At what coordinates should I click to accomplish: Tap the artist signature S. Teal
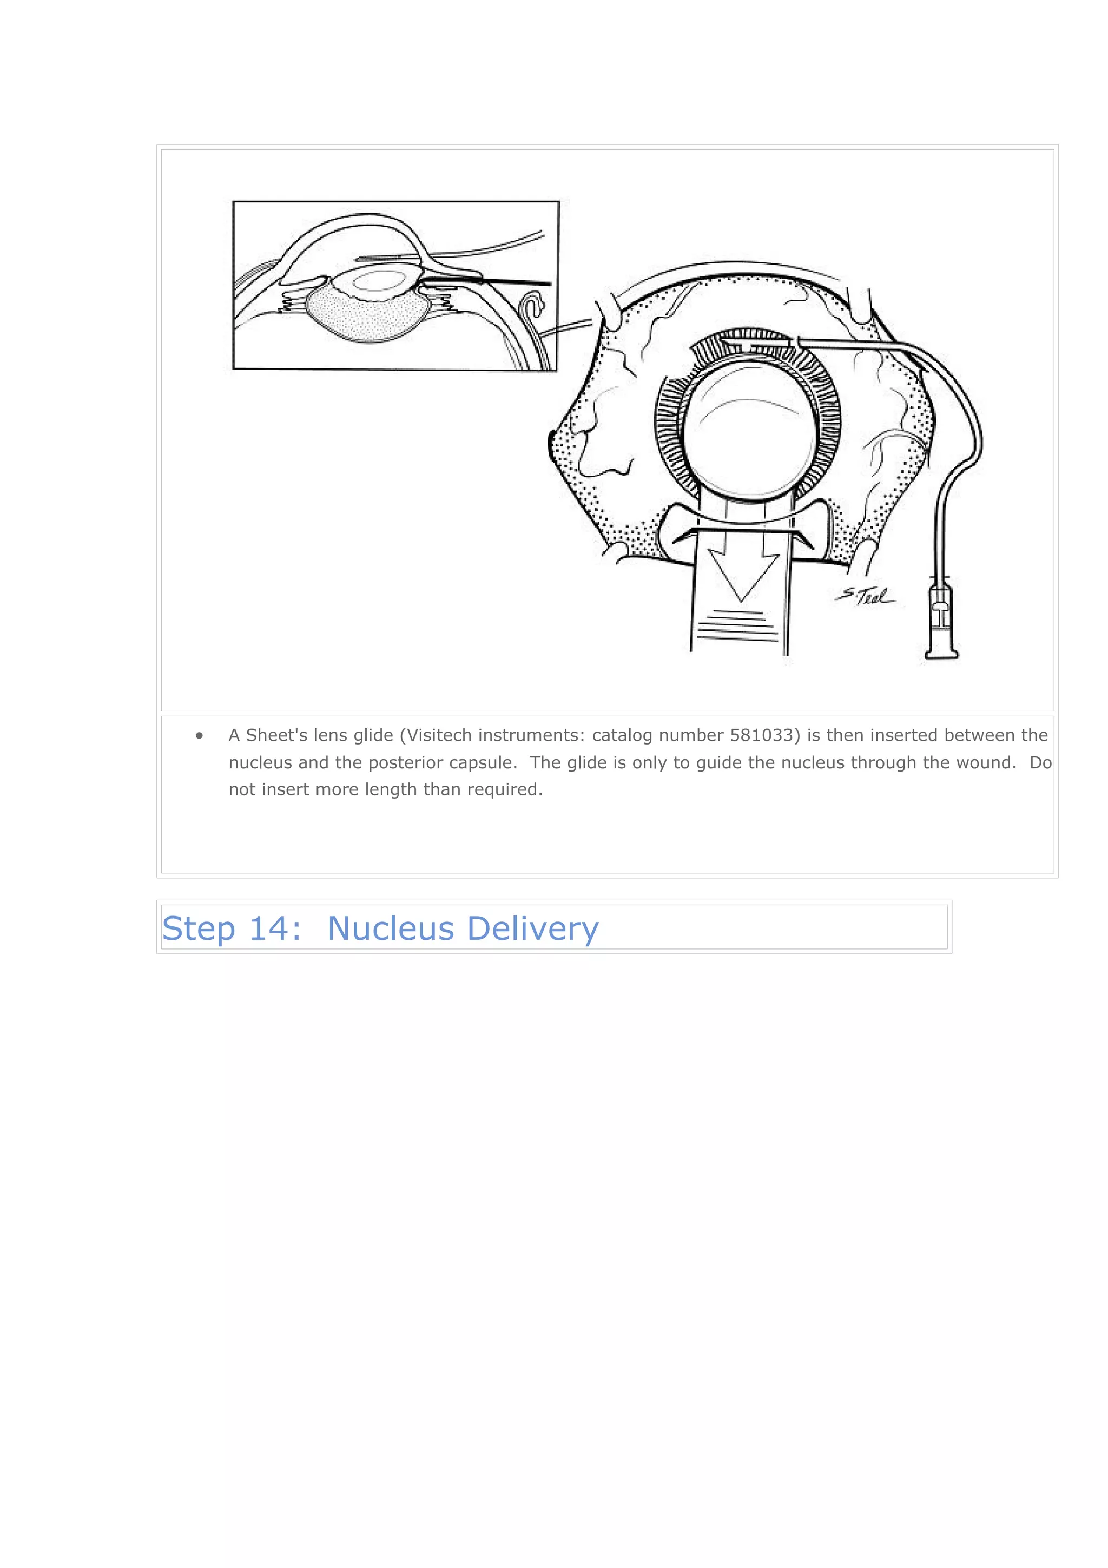866,596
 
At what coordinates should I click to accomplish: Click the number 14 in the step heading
269,929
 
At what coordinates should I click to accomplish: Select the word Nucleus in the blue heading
391,929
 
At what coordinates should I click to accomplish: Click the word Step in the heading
198,929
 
